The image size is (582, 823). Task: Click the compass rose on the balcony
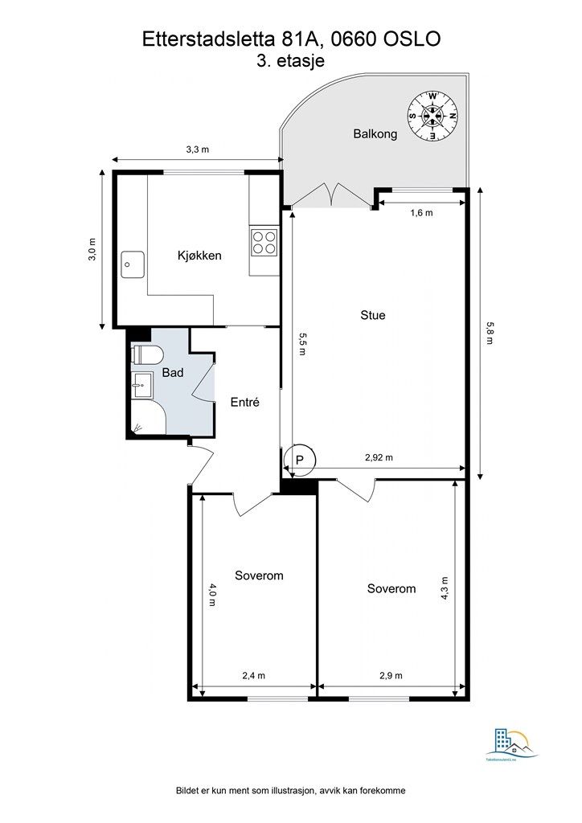tap(432, 116)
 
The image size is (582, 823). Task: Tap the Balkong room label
tap(375, 134)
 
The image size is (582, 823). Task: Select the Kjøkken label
tap(199, 256)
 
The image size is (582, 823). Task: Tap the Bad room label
tap(173, 373)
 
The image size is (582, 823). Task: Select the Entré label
tap(244, 403)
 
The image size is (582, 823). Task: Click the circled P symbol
tap(300, 460)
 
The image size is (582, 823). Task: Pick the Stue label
tap(372, 315)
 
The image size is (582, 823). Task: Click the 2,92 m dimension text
tap(379, 457)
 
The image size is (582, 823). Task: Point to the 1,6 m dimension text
tap(421, 213)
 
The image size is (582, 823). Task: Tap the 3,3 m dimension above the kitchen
tap(198, 149)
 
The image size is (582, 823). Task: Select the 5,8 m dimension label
tap(488, 331)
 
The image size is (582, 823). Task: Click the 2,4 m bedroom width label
tap(254, 676)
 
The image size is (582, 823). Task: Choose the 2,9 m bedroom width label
tap(391, 676)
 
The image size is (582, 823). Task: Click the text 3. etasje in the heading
tap(291, 61)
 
